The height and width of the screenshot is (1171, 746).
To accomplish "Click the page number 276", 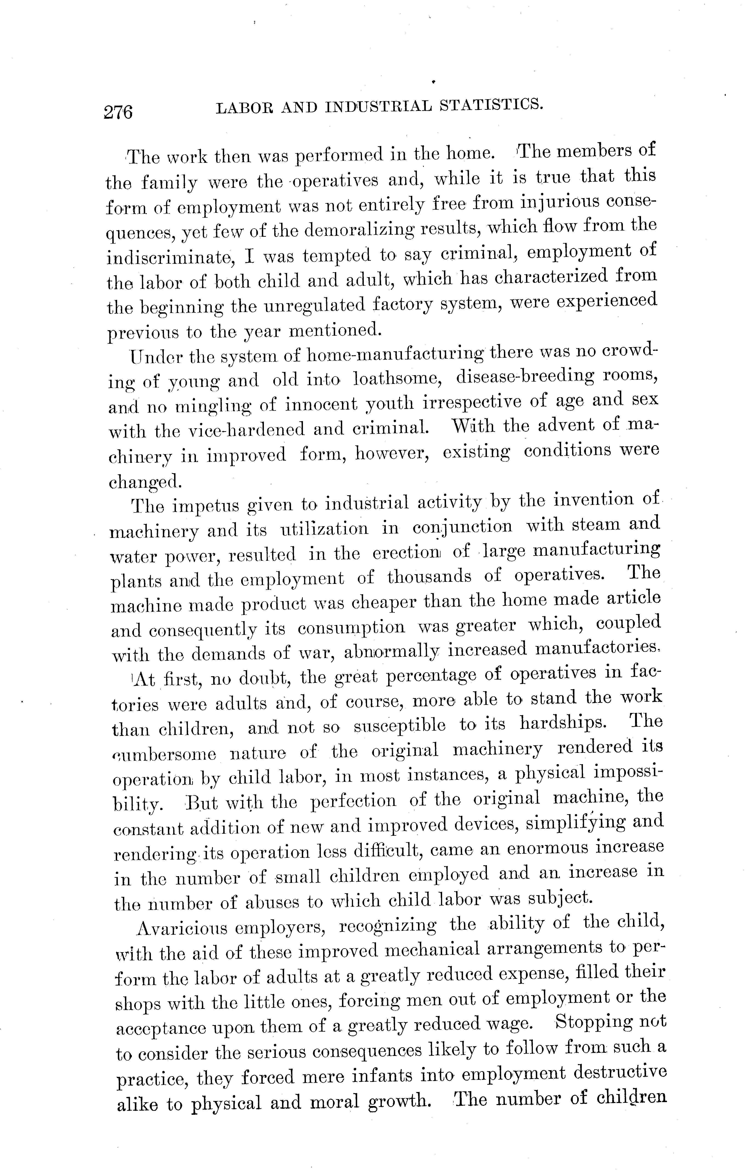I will pyautogui.click(x=118, y=112).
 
